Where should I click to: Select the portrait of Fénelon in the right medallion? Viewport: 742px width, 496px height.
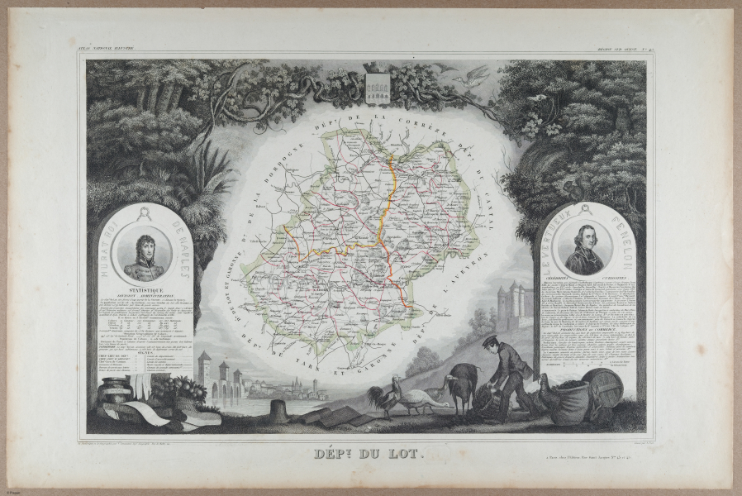click(x=588, y=247)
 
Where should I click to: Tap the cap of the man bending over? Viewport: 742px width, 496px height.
click(x=490, y=339)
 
